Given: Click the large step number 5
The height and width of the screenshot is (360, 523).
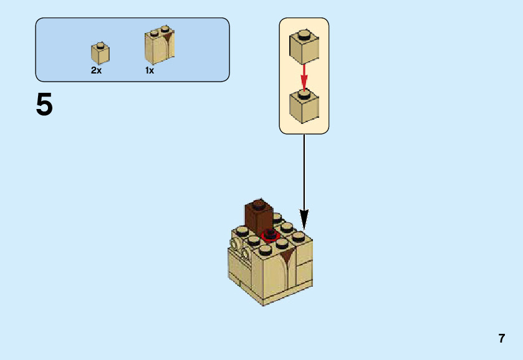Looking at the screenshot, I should pos(44,105).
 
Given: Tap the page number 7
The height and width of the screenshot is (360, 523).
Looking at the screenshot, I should pos(501,339).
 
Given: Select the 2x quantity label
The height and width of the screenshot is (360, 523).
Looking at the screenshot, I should pos(96,70).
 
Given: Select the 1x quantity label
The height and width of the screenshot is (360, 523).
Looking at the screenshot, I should pos(150,70).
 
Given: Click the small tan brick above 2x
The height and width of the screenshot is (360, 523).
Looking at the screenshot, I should pos(100,54).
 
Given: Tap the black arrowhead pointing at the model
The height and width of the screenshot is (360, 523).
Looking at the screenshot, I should pos(304,219).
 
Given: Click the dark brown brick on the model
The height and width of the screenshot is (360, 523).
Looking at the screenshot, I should pos(258,217).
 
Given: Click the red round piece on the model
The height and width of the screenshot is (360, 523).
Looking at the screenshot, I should pos(271,235).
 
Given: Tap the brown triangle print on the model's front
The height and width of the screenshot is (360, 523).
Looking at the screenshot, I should pos(287,255).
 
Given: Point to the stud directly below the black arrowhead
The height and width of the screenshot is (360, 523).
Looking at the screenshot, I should pos(299,236).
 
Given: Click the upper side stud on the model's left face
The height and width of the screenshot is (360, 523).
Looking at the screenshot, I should pos(236,244).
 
